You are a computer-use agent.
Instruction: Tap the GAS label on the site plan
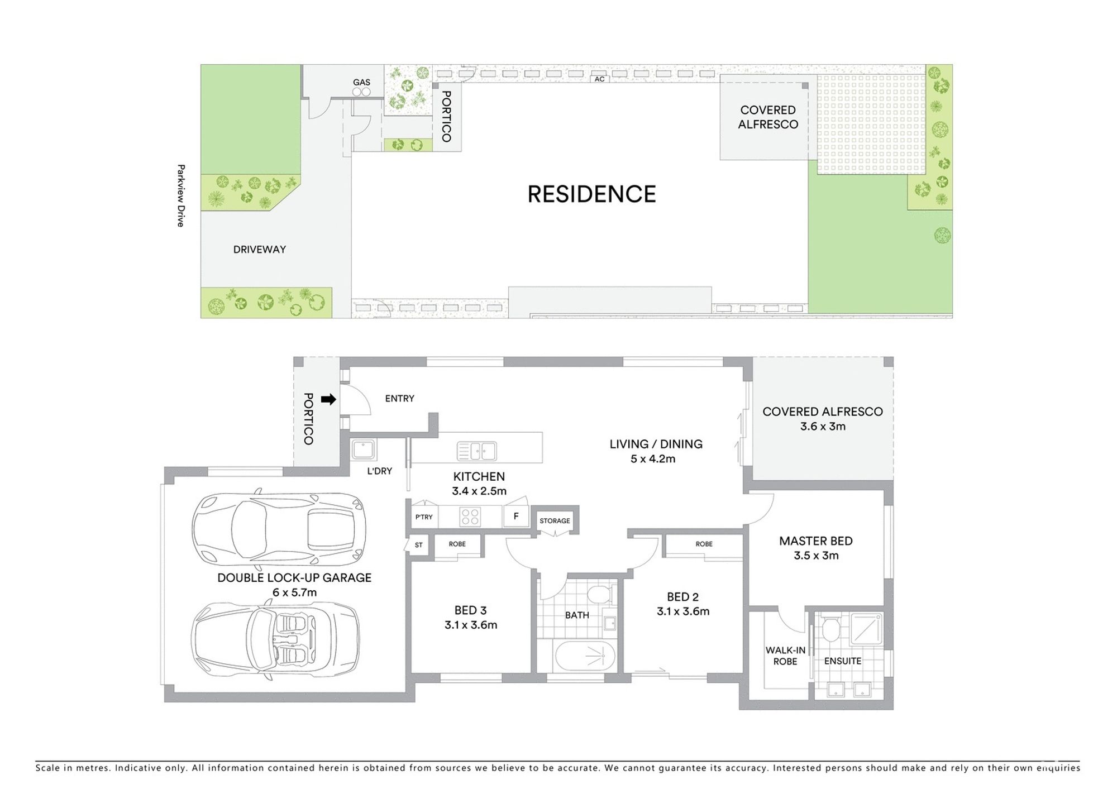(x=361, y=82)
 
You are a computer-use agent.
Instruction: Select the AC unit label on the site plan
(x=599, y=79)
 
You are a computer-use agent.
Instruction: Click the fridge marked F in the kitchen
(x=516, y=517)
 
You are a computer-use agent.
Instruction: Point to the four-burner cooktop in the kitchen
(x=470, y=517)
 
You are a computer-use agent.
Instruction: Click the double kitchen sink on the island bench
(x=476, y=451)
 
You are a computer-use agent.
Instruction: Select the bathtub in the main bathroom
(x=585, y=656)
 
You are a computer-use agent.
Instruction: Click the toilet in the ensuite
(x=832, y=629)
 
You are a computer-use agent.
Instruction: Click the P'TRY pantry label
(x=424, y=517)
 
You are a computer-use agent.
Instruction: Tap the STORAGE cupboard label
(x=555, y=521)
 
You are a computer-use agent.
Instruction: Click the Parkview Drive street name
(x=180, y=195)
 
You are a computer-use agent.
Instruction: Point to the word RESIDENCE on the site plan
(x=592, y=194)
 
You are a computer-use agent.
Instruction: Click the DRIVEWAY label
(x=260, y=250)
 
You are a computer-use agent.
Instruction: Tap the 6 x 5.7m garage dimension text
(x=294, y=592)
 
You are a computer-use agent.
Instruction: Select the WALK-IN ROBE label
(x=785, y=656)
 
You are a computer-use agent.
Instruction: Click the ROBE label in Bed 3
(x=457, y=544)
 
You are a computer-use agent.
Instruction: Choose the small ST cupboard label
(x=419, y=545)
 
